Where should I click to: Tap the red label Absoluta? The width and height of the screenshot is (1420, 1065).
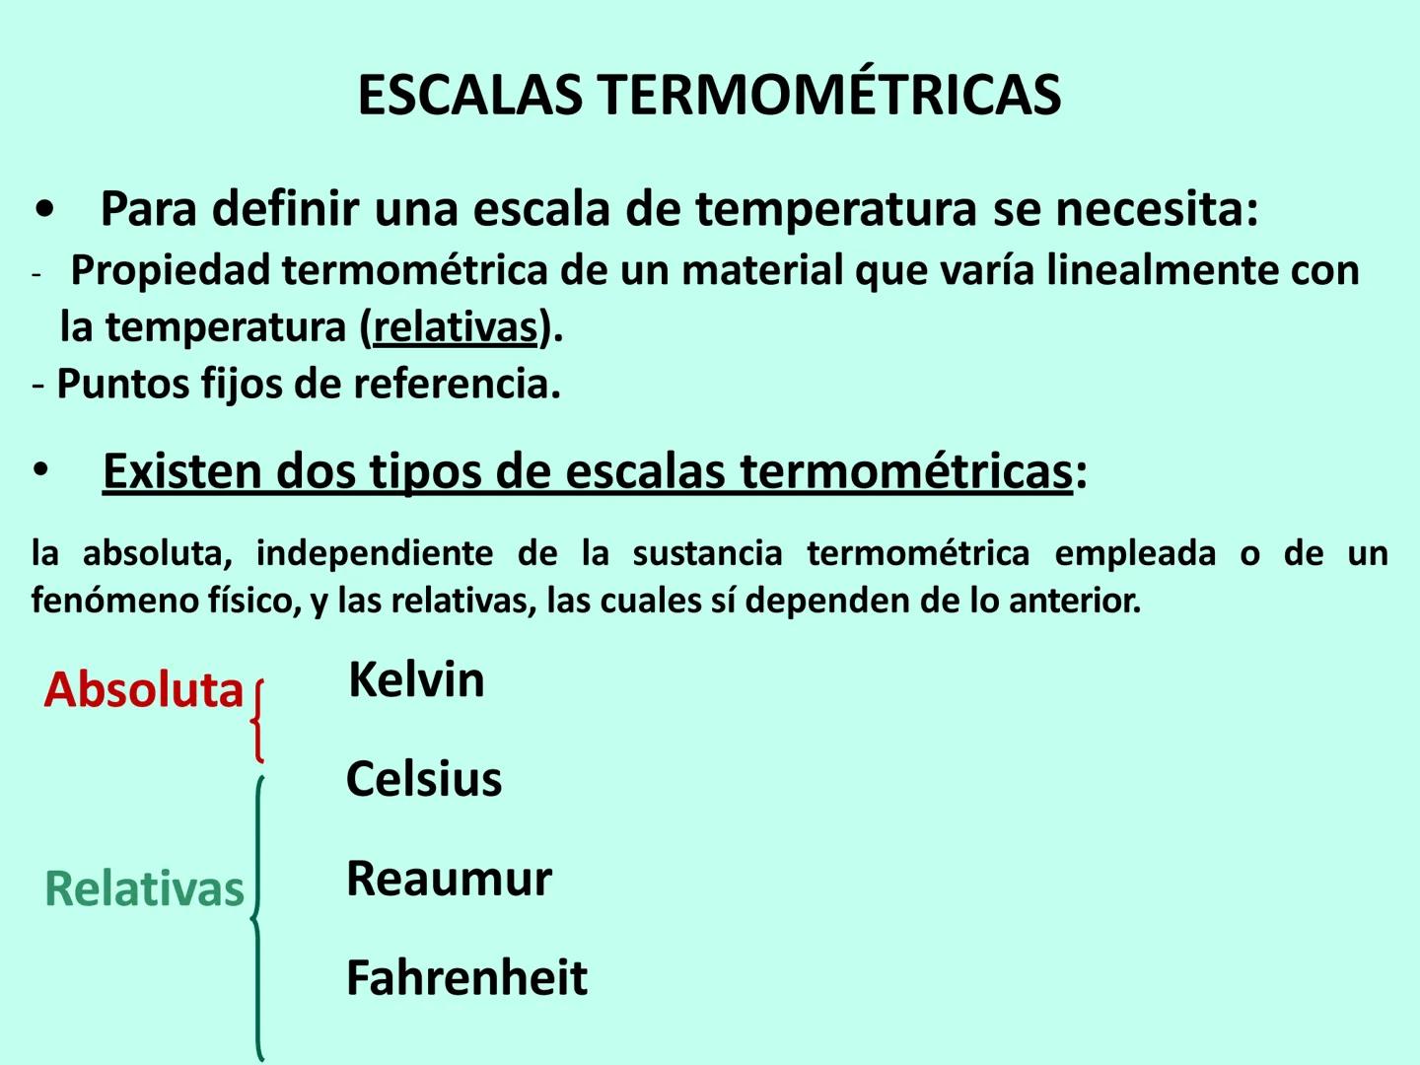(x=144, y=690)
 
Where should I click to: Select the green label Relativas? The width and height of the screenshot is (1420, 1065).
(x=144, y=889)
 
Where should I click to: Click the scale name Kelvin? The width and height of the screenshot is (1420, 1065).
(x=416, y=680)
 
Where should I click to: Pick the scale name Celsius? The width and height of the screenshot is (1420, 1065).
(x=424, y=779)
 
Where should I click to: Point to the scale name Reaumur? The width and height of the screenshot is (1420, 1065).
(x=449, y=879)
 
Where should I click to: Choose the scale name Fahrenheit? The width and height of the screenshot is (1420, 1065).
(x=466, y=978)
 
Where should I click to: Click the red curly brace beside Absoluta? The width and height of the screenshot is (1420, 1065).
(x=257, y=721)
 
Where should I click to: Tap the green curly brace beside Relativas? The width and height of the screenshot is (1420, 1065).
(x=257, y=917)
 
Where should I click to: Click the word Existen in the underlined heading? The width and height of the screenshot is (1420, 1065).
(x=181, y=471)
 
